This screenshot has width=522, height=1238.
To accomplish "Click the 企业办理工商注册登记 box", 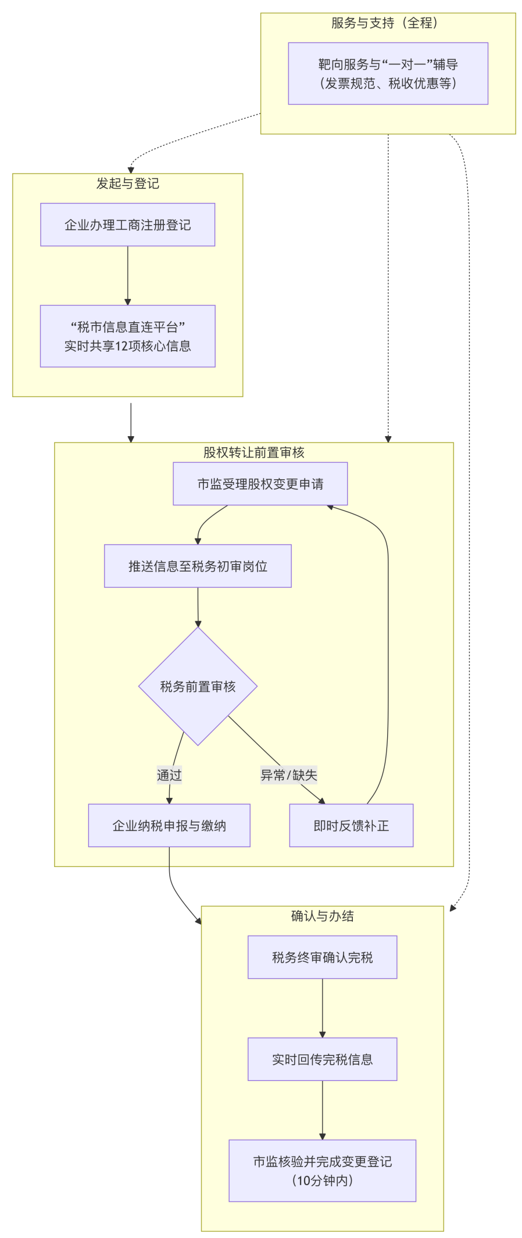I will pos(127,224).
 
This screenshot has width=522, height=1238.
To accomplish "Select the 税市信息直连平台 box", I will pos(127,336).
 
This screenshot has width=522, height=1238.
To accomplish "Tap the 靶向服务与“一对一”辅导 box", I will pos(388,73).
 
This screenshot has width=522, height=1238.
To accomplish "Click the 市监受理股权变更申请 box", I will pos(260,484).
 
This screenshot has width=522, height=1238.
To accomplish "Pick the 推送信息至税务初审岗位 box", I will pos(198,566).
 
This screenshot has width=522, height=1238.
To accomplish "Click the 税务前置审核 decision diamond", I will pos(198,686).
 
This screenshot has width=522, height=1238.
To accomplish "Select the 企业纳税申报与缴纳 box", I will pos(169,825).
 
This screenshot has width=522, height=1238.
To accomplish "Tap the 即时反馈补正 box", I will pos(351,825).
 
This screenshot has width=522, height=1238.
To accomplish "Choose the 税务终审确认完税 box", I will pos(322,957).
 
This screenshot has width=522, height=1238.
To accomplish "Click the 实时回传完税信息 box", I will pos(322,1059).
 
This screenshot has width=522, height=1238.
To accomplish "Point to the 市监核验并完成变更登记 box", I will pos(322,1171).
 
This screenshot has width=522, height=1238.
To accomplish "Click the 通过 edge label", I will pos(169,775).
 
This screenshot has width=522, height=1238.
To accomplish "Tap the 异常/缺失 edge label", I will pos(288,775).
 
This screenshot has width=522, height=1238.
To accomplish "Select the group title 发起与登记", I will pos(127,184).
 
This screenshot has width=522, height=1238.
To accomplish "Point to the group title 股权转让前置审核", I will pos(253,452).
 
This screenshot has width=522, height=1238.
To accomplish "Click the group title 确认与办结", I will pos(322,916).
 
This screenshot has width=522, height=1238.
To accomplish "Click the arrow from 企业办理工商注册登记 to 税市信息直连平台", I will pos(128,275).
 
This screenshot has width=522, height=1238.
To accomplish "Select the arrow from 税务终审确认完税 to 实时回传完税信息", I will pos(323,1008).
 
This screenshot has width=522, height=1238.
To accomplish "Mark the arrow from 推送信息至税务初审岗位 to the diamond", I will pos(198,606).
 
